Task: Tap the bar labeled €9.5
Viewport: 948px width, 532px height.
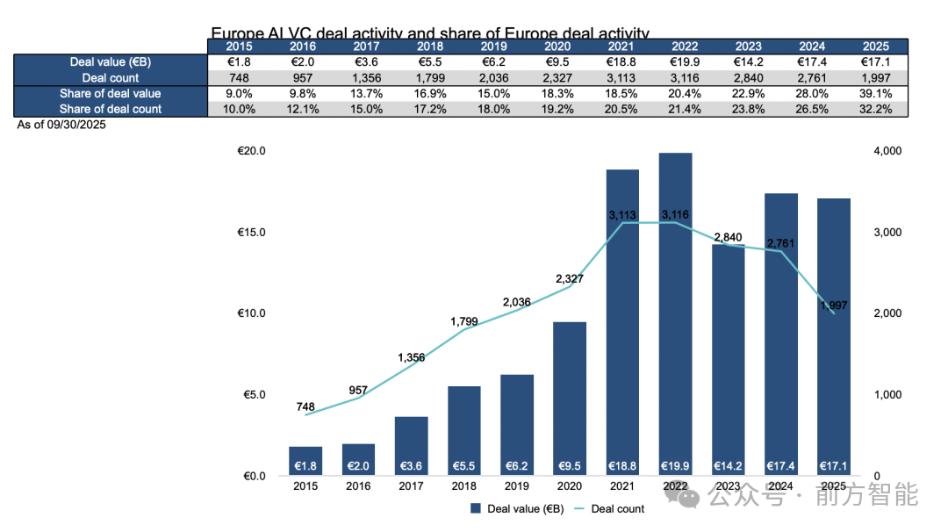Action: (570, 399)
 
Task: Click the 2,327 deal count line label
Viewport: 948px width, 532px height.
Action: (570, 279)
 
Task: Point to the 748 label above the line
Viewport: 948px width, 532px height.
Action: (305, 406)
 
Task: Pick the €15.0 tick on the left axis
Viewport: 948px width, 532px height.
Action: (252, 233)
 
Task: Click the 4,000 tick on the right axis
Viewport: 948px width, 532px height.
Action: (889, 151)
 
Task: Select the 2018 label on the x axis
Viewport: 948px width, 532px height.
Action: (464, 486)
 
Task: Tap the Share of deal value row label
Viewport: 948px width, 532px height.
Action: (111, 93)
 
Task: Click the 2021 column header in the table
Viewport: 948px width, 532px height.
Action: (621, 47)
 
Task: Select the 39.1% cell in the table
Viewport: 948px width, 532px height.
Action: (875, 93)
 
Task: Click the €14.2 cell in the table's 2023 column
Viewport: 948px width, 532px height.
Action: (748, 62)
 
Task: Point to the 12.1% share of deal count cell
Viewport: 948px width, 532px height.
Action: (303, 109)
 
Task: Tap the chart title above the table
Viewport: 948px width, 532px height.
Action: (430, 33)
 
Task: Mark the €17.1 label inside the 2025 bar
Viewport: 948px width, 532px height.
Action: (834, 465)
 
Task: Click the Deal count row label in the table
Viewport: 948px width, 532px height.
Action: (111, 78)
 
